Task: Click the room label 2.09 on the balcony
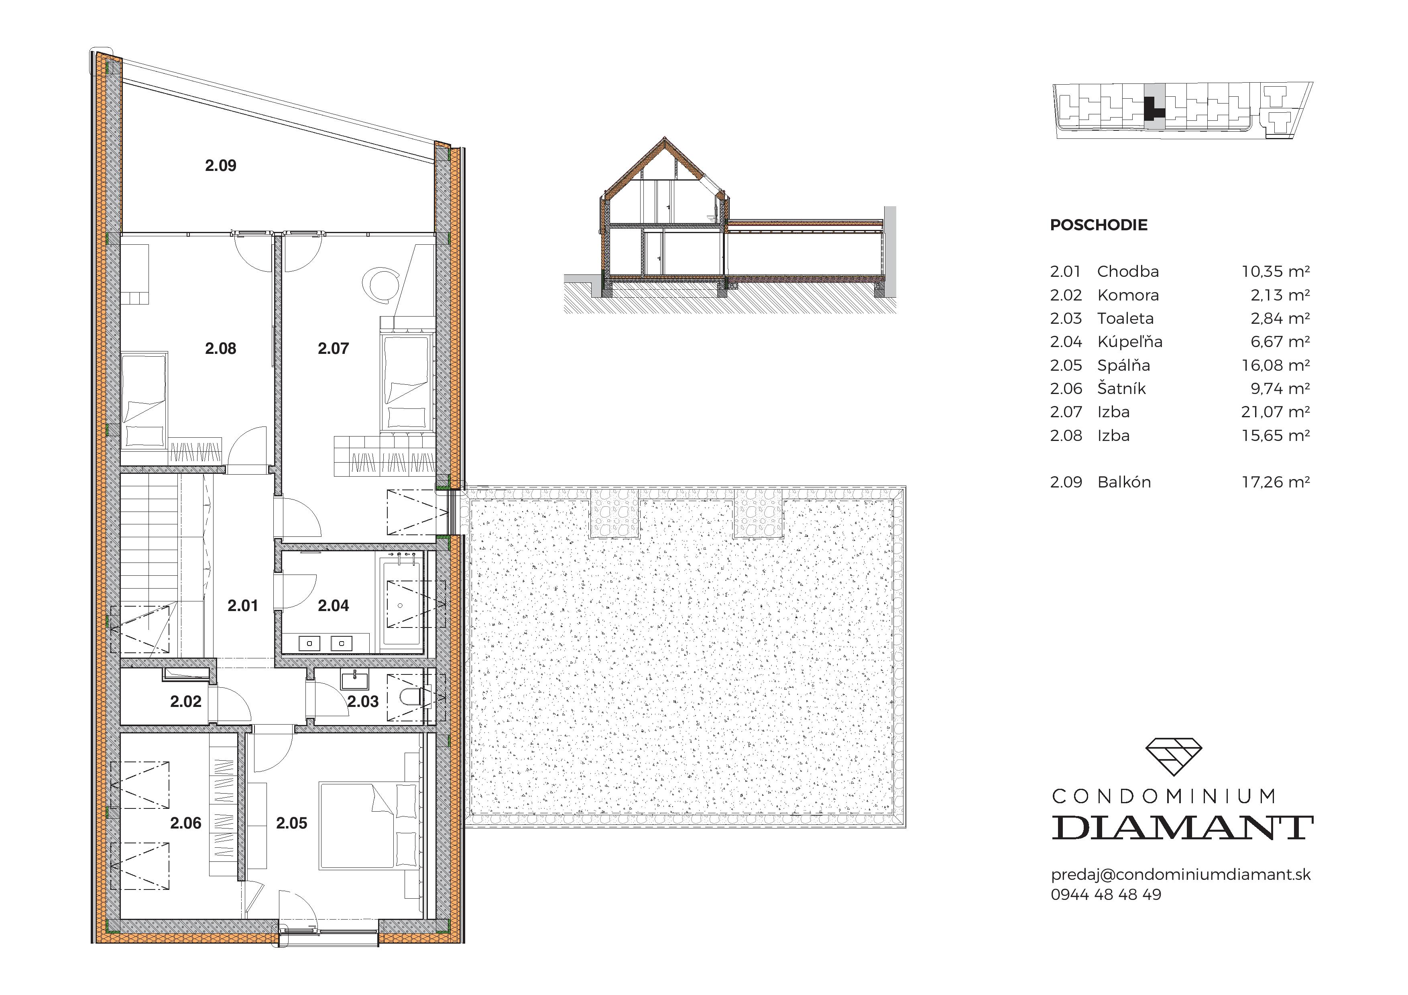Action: (x=220, y=166)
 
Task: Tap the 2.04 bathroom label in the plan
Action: (x=333, y=606)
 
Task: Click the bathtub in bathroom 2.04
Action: (x=401, y=604)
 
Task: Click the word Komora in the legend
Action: (x=1128, y=296)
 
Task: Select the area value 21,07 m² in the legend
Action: (x=1275, y=412)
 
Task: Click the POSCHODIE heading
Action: (x=1098, y=225)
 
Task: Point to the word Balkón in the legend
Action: (x=1123, y=483)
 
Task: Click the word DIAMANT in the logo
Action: (x=1182, y=828)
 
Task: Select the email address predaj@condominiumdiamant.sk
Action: (x=1180, y=875)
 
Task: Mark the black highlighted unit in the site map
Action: (x=1151, y=111)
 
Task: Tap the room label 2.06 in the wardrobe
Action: (x=186, y=823)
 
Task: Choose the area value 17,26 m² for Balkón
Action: (x=1275, y=483)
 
